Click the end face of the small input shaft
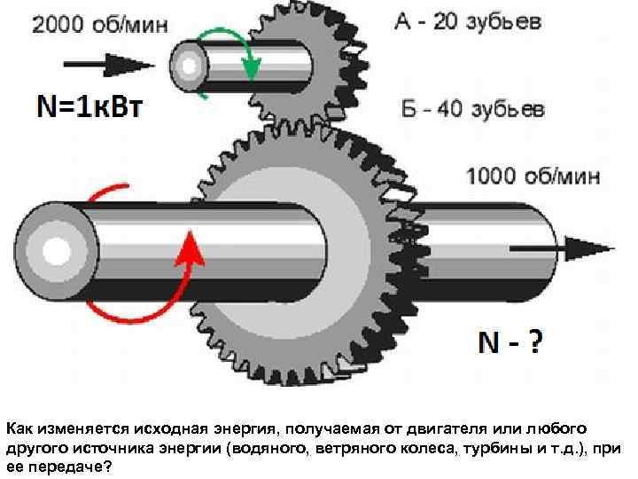tap(188, 64)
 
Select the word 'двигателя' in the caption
tap(449, 428)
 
